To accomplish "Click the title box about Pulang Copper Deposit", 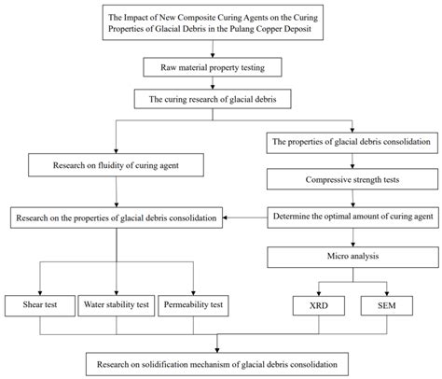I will coord(220,26).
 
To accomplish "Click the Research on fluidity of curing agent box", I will coord(116,166).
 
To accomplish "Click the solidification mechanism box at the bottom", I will coord(218,360).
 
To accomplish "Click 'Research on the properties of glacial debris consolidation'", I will coord(116,218).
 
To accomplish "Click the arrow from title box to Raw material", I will coord(220,50).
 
